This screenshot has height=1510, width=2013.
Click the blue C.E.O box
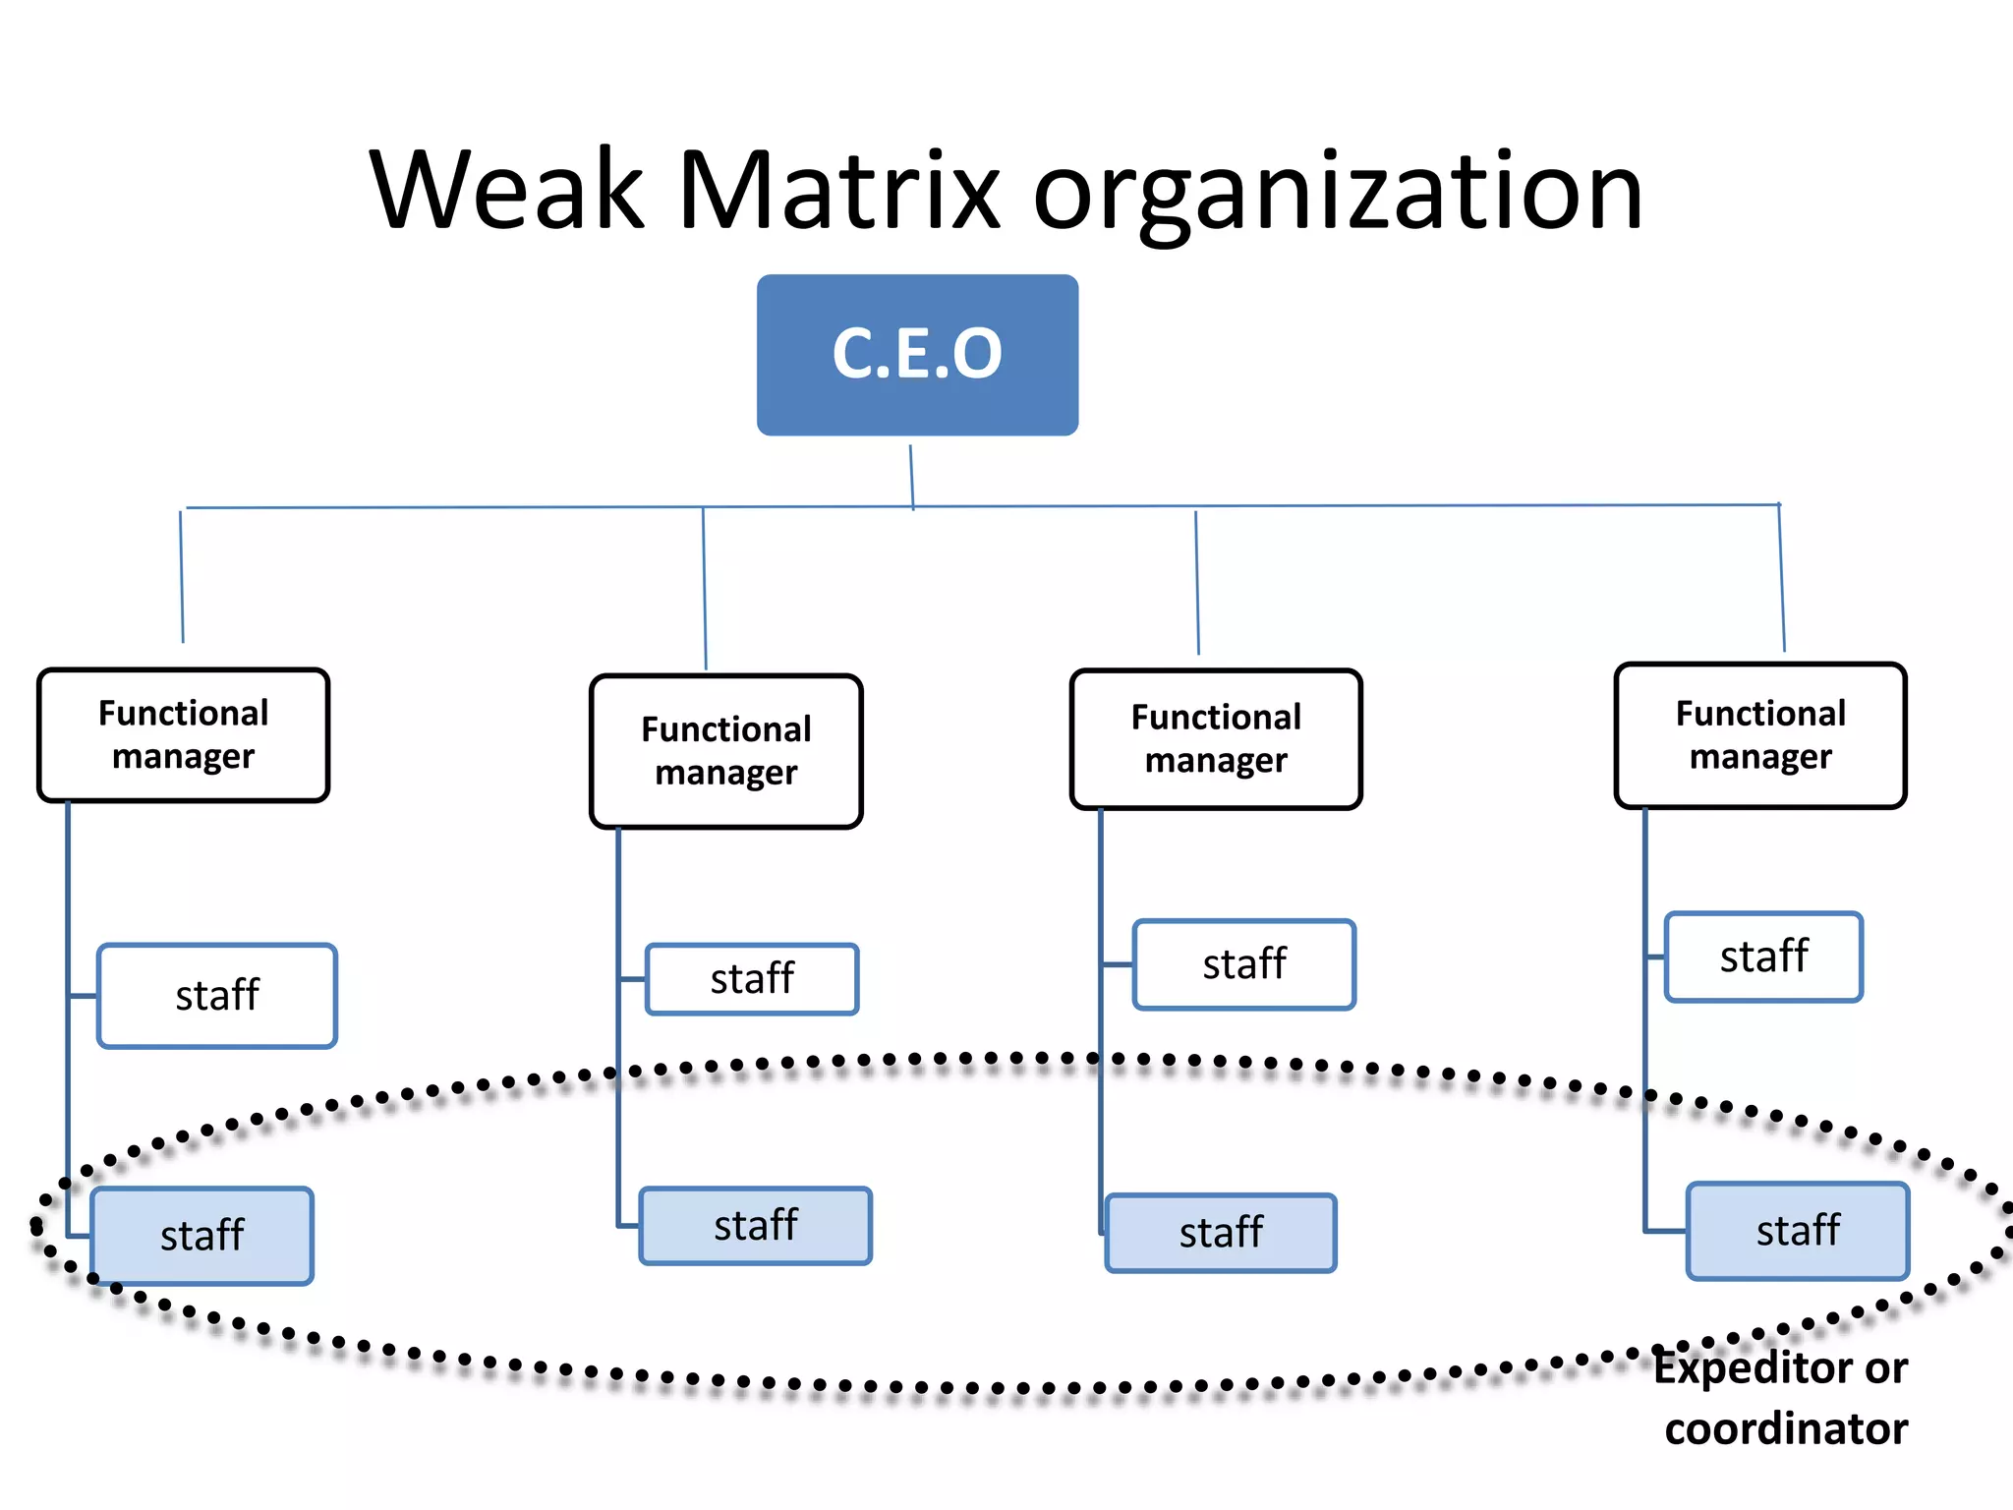coord(917,354)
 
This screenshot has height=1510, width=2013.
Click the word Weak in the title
coord(507,189)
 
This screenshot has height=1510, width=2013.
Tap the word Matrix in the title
coord(838,189)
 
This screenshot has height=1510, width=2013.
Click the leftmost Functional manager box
coord(183,735)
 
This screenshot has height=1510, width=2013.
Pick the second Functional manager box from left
coord(726,751)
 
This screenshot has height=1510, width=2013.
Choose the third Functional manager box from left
coord(1216,739)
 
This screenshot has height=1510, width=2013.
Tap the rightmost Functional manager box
coord(1760,735)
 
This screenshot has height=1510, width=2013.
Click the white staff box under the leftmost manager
coord(217,996)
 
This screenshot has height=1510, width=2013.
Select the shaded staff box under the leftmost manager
coord(202,1236)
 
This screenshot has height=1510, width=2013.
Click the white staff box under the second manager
coord(752,979)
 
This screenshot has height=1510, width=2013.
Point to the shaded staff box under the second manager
coord(755,1226)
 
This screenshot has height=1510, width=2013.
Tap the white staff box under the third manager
coord(1244,964)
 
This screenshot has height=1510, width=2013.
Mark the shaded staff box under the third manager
coord(1221,1233)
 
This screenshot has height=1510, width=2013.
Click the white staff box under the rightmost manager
coord(1763,957)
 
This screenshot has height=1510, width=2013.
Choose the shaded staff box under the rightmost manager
coord(1798,1231)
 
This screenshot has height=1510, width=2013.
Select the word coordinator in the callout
coord(1786,1428)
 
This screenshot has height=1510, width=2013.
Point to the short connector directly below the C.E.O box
coord(911,476)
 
